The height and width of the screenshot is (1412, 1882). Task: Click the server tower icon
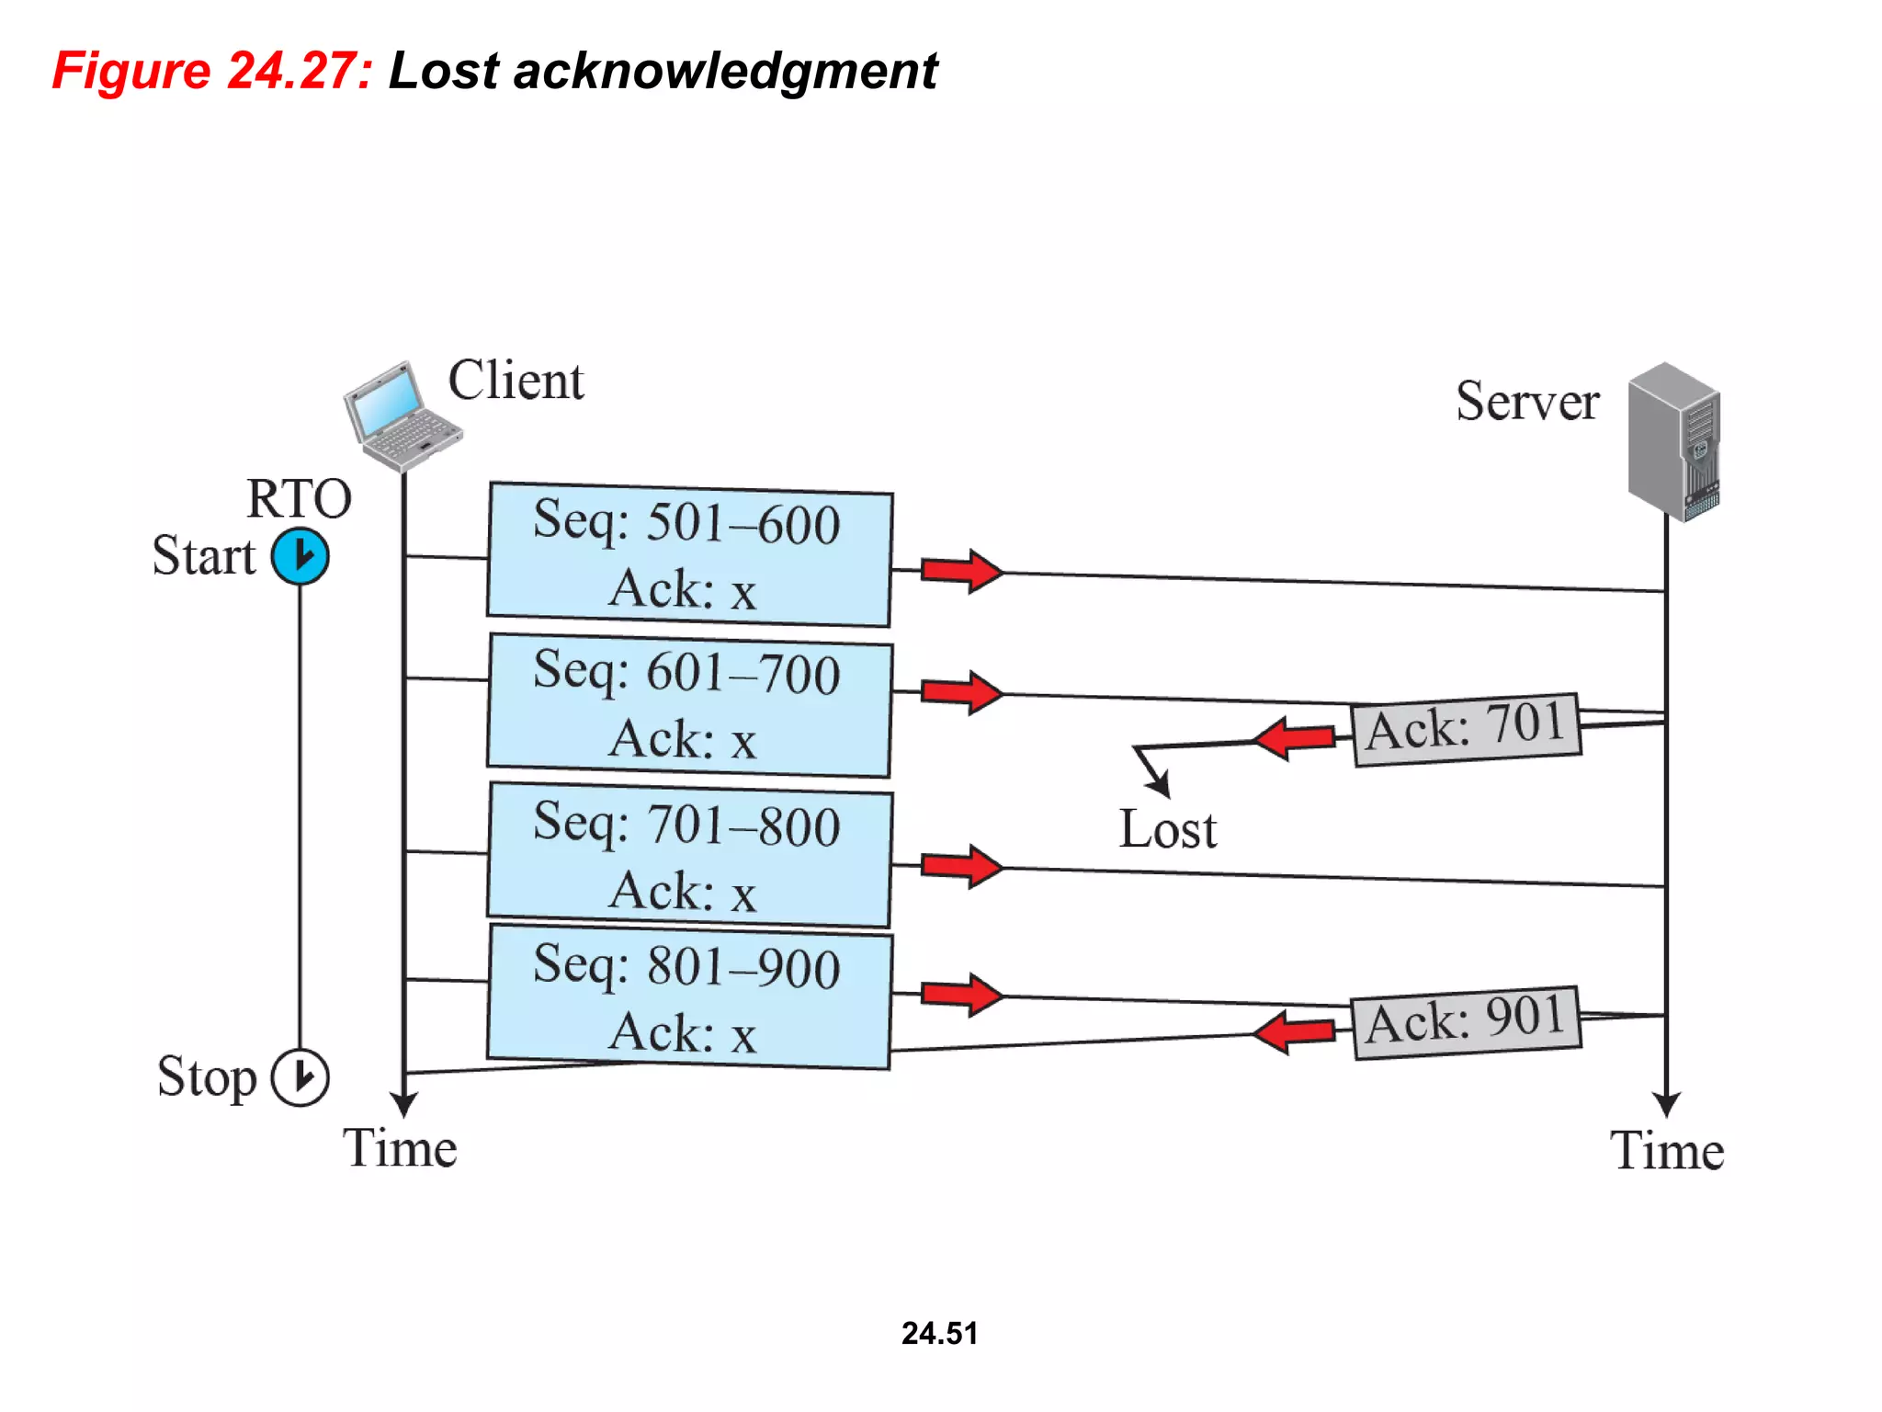pos(1674,441)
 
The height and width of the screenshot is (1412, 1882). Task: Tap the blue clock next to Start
pos(300,556)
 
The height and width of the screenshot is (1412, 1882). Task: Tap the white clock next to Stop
pos(300,1076)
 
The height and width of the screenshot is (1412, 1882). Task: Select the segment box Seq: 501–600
pos(689,555)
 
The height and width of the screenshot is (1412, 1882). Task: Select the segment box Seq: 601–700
pos(689,706)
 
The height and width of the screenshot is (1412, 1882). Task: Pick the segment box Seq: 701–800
pos(689,856)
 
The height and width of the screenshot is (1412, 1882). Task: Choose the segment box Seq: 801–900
pos(689,998)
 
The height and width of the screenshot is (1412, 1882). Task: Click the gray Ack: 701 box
pos(1467,729)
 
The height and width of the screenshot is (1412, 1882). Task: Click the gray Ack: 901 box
pos(1467,1022)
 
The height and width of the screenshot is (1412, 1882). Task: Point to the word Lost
pos(1167,830)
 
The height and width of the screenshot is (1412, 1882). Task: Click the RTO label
pos(299,499)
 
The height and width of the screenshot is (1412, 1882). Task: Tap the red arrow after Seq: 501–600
pos(961,572)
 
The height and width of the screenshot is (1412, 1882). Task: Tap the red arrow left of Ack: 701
pos(1296,738)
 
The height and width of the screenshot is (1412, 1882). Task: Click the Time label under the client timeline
pos(400,1148)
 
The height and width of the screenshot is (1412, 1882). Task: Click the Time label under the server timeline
pos(1667,1151)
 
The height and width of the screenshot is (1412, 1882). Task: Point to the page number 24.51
pos(939,1333)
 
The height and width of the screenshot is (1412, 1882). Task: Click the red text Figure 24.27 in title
pos(212,71)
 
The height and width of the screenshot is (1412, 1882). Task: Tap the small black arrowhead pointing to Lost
pos(1160,785)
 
